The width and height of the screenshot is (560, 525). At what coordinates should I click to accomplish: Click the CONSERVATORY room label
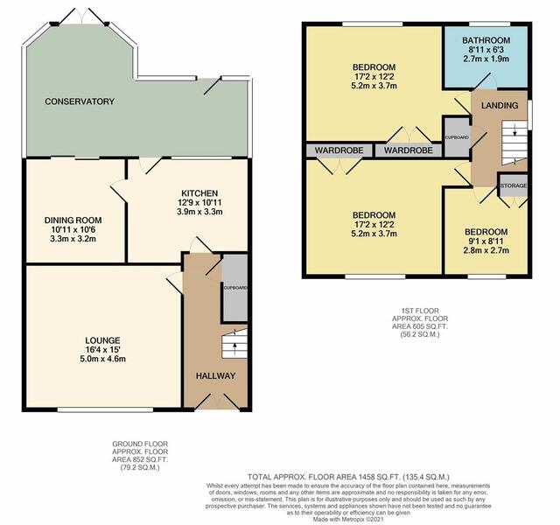tap(80, 101)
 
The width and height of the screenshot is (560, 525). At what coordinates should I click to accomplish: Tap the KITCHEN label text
tap(199, 193)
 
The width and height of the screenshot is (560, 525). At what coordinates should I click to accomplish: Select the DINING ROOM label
tap(73, 220)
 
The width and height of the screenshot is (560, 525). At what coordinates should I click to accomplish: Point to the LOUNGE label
tap(102, 340)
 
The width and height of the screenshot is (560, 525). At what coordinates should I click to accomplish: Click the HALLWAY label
tap(215, 375)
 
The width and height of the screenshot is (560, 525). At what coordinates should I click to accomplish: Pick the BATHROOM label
tap(486, 40)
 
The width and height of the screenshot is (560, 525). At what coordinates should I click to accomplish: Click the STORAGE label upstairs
tap(514, 185)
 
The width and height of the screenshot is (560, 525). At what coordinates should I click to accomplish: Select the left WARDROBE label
tap(339, 150)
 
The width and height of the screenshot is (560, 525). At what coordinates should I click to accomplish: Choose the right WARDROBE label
tap(409, 150)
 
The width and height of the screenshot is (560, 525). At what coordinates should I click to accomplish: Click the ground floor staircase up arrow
tap(234, 348)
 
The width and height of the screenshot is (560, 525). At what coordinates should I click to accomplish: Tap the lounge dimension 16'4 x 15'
tap(102, 350)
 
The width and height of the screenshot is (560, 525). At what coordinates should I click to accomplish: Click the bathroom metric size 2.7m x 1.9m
tap(486, 59)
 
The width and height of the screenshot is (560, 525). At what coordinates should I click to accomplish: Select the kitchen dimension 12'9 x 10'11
tap(199, 202)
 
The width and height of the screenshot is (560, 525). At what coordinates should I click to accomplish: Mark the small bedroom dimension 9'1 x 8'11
tap(486, 241)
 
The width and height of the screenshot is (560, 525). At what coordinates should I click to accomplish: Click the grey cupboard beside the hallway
tap(234, 288)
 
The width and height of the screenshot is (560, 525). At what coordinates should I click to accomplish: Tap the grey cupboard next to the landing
tap(457, 137)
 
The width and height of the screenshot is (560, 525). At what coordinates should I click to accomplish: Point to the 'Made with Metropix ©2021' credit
tap(348, 519)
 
